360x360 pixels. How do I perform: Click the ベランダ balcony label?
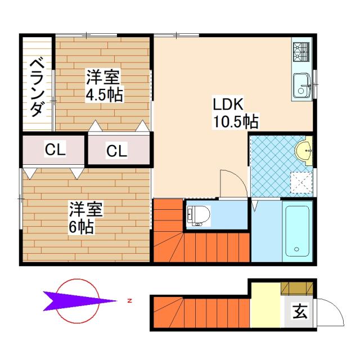click(x=37, y=87)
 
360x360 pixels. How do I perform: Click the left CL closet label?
click(x=55, y=150)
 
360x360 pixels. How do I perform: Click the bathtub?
click(x=296, y=231)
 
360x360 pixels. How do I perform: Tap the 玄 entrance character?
click(x=298, y=311)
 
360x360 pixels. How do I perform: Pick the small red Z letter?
click(x=129, y=301)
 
